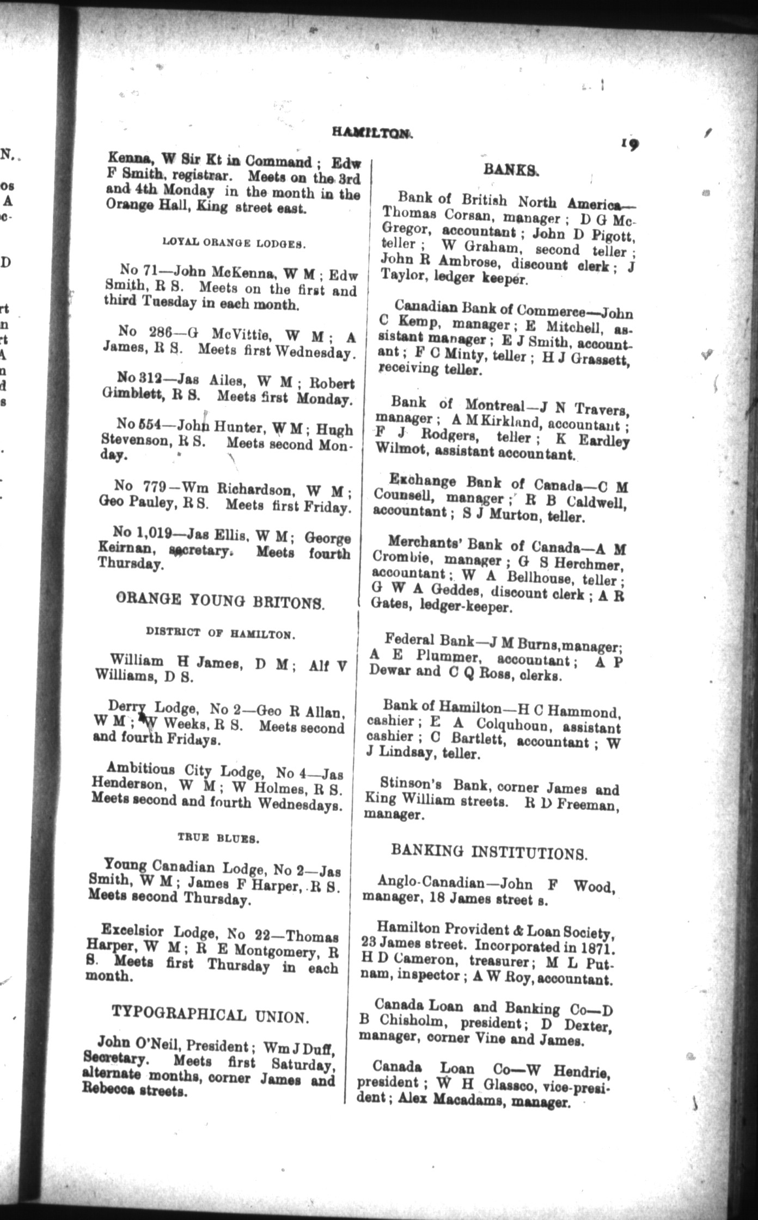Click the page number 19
pos(629,144)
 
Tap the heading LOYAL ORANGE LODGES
pos(233,243)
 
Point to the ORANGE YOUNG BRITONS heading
pos(220,601)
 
